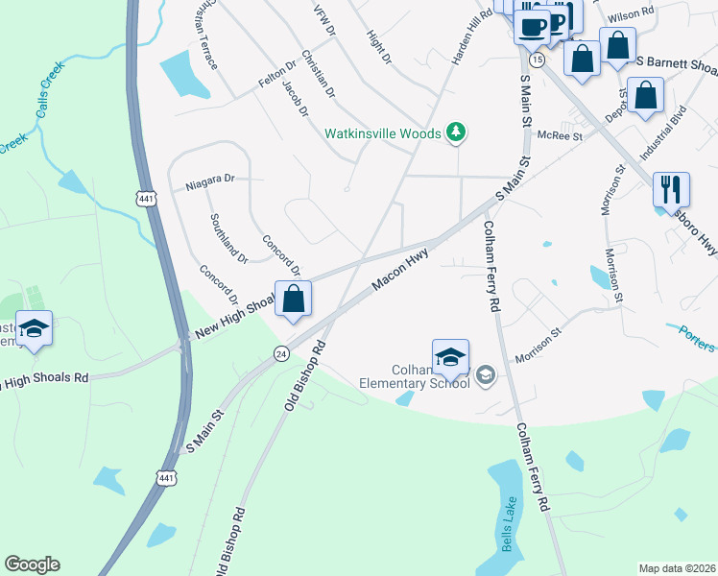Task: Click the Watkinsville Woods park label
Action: tap(382, 133)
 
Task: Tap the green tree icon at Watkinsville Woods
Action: tap(457, 133)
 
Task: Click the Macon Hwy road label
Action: tap(399, 270)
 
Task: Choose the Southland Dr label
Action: tap(229, 239)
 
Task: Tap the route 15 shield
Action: tap(538, 60)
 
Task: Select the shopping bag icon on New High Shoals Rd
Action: tap(294, 299)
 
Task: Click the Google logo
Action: tap(32, 564)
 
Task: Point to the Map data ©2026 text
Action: tap(677, 567)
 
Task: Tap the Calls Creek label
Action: tap(48, 99)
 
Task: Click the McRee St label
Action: tap(560, 136)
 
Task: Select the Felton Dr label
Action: tap(274, 77)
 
